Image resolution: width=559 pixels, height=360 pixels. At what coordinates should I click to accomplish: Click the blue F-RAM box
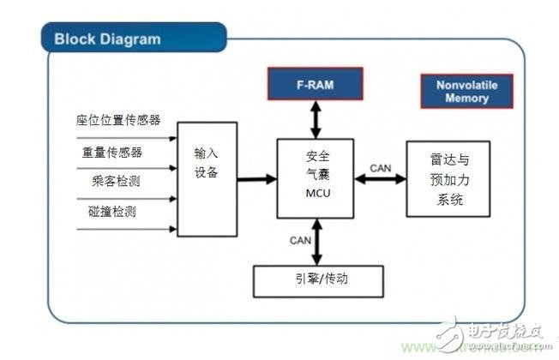coord(316,86)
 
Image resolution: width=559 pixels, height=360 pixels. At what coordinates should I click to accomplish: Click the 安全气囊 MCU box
coord(316,176)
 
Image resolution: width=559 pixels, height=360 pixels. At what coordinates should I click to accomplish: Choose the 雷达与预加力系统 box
coord(447,178)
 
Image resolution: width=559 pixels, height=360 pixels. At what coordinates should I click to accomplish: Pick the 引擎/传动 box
coord(317,280)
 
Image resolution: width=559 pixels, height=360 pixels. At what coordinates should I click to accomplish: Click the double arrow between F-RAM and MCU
coord(316,119)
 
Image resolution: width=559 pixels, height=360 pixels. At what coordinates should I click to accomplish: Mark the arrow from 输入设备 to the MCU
coord(256,179)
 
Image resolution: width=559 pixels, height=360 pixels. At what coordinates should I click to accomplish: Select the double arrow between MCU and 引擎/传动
coord(317,242)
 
